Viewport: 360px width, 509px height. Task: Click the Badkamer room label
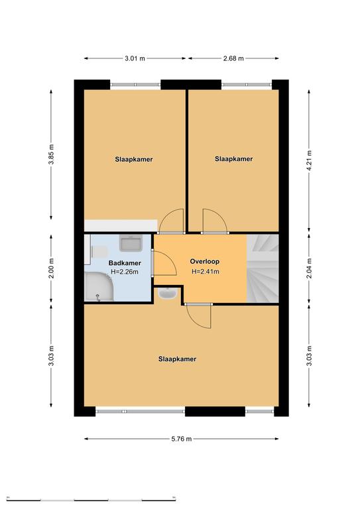coord(125,263)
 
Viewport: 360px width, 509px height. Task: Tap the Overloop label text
coord(204,261)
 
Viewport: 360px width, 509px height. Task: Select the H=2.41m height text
coord(205,271)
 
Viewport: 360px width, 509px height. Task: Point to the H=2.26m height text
coord(125,272)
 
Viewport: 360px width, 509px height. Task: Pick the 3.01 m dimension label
coord(135,58)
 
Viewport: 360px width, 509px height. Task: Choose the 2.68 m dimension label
coord(233,58)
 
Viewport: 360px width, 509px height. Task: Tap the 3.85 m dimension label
coord(51,154)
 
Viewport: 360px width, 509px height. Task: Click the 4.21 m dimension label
coord(309,160)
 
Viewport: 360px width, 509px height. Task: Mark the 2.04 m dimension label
coord(309,268)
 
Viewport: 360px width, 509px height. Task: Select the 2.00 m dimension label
coord(51,268)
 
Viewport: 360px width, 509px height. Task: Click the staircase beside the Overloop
coord(263,268)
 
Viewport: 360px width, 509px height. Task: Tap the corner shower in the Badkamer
coord(99,286)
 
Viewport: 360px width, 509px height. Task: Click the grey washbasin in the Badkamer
coord(131,243)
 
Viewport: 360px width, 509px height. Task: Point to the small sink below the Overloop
coord(168,294)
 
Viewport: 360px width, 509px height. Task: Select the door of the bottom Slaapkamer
coord(198,316)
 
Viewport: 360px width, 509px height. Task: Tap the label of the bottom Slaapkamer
coord(177,359)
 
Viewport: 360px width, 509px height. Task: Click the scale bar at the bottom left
coord(91,499)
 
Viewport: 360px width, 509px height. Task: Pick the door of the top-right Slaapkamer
coord(214,221)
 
